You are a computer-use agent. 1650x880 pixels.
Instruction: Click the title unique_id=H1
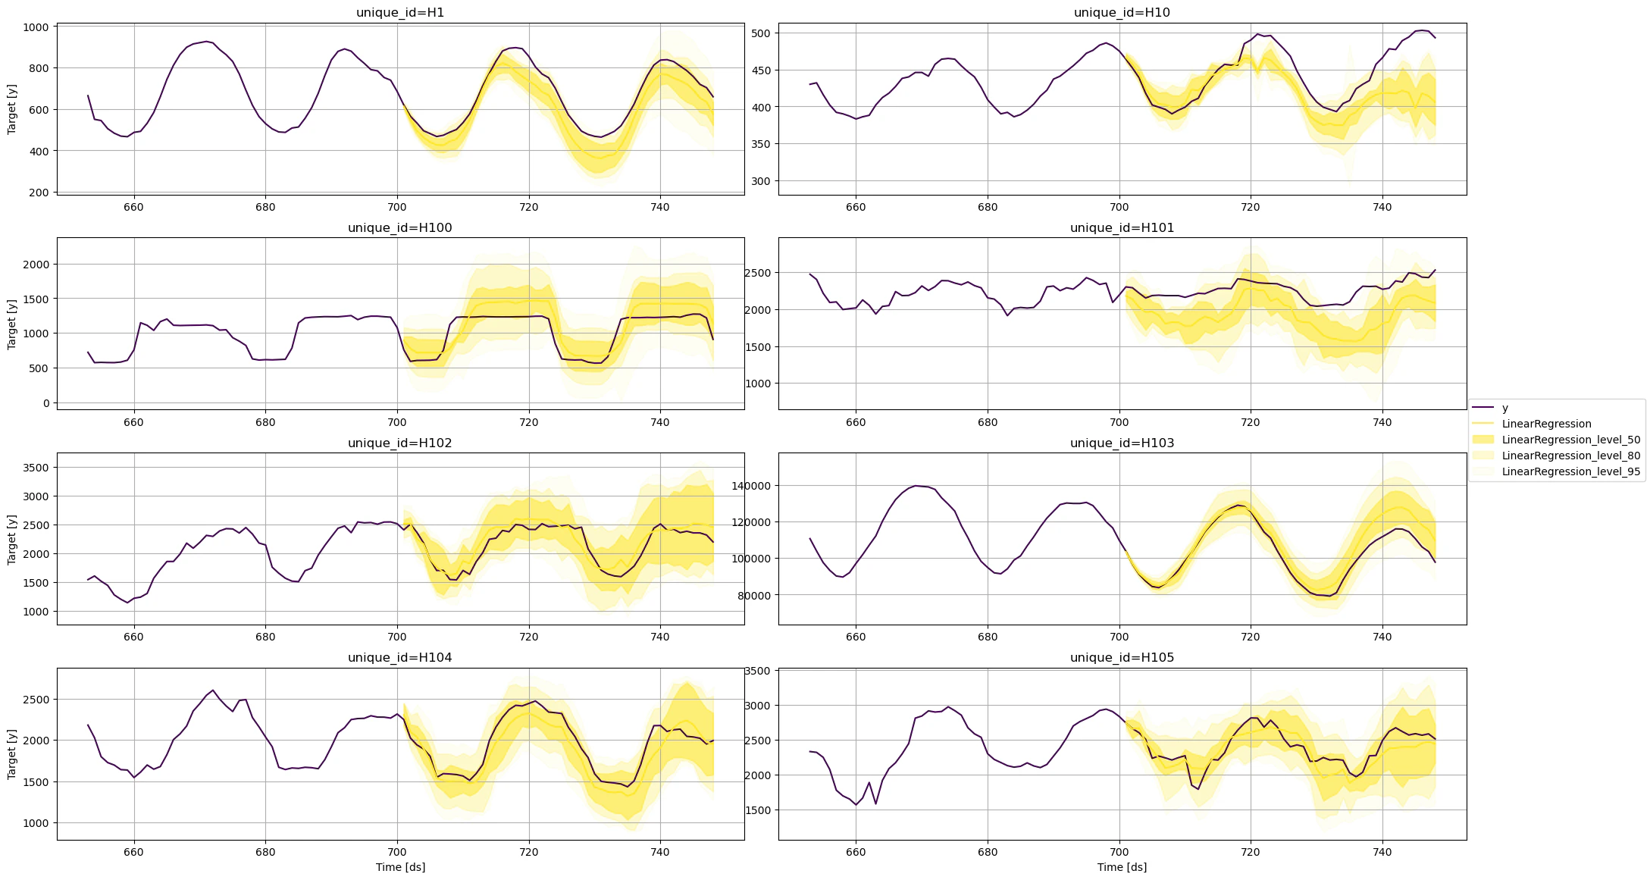click(x=399, y=12)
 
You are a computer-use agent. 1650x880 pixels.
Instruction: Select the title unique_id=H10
click(x=1122, y=12)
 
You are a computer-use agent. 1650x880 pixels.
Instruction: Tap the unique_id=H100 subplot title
click(x=399, y=227)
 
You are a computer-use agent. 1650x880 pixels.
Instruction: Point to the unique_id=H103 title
click(x=1122, y=443)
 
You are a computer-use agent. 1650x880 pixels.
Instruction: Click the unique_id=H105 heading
click(x=1122, y=657)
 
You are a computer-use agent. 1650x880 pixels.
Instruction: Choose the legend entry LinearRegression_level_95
click(x=1570, y=471)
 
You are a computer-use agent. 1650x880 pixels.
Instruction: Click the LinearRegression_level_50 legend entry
click(x=1570, y=440)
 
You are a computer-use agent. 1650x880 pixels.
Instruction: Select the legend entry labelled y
click(x=1504, y=408)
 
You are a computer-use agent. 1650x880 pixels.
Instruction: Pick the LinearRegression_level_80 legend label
click(x=1570, y=456)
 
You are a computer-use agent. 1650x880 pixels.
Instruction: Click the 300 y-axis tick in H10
click(x=760, y=181)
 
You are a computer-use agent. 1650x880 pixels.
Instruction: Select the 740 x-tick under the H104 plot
click(x=659, y=851)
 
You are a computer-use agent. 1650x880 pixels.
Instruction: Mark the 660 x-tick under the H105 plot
click(x=855, y=851)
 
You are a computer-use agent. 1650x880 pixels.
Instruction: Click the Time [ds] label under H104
click(x=400, y=867)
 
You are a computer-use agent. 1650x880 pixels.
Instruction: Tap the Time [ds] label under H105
click(x=1122, y=867)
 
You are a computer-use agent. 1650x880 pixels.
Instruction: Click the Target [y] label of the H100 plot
click(x=11, y=324)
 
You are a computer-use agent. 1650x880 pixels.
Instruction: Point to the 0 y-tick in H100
click(x=46, y=403)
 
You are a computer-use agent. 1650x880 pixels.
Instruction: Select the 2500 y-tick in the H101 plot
click(x=758, y=273)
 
